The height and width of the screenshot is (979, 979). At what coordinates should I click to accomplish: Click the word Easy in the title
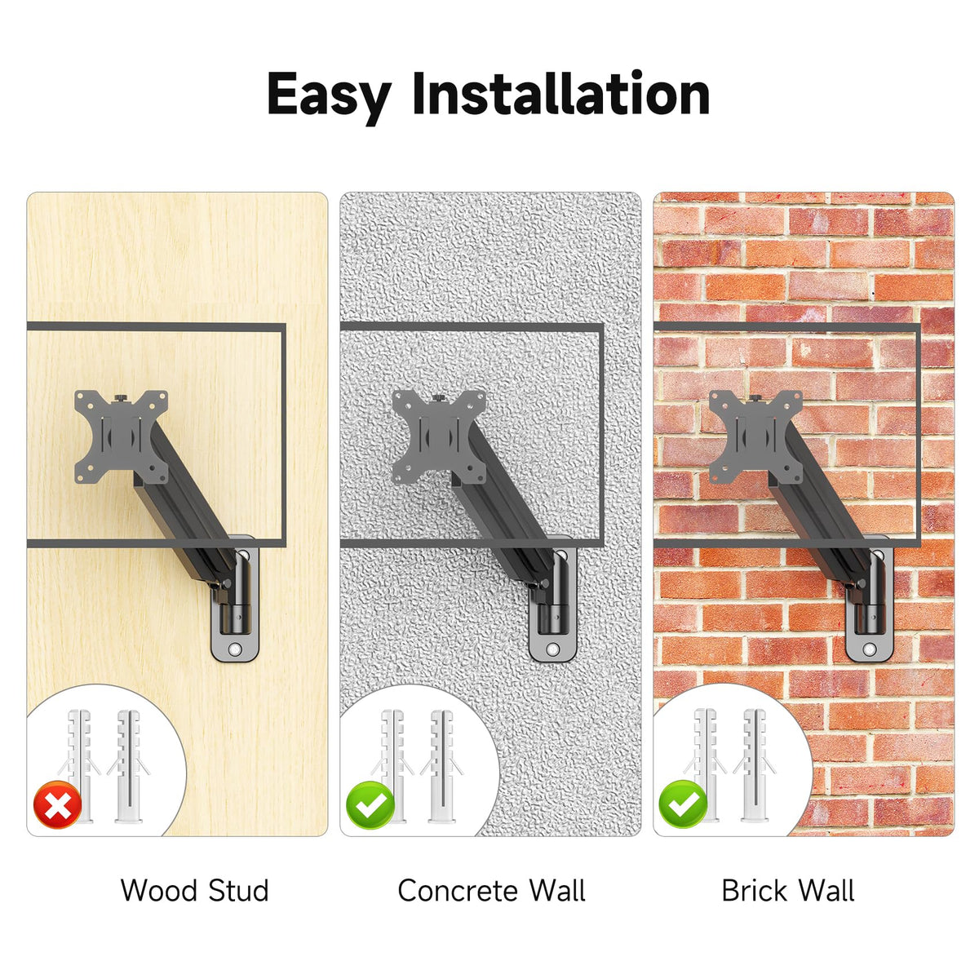tap(329, 96)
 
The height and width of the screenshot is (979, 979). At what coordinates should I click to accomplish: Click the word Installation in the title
tap(560, 94)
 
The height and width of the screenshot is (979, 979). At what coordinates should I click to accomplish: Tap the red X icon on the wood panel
tap(57, 804)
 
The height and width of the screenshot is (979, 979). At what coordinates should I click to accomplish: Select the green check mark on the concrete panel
tap(370, 804)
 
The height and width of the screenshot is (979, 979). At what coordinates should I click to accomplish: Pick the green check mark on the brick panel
tap(683, 804)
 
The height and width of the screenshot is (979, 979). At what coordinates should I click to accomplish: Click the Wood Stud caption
tap(195, 891)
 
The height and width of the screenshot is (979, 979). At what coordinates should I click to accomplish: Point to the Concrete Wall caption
tap(491, 891)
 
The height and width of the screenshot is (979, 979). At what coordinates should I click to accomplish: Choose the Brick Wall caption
tap(788, 891)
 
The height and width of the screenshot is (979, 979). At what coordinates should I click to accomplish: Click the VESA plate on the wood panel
tap(121, 436)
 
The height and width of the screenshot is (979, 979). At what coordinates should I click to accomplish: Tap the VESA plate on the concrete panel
tap(439, 436)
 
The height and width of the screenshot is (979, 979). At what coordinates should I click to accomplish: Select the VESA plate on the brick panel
tap(755, 436)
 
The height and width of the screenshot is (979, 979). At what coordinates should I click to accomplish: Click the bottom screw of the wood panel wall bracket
tap(235, 649)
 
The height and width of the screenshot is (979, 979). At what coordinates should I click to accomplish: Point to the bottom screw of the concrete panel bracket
tap(553, 649)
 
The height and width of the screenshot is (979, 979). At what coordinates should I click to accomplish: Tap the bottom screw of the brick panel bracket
tap(870, 649)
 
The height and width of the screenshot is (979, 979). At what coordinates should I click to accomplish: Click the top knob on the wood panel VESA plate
tap(121, 397)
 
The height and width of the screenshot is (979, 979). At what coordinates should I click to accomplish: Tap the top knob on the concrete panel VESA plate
tap(439, 397)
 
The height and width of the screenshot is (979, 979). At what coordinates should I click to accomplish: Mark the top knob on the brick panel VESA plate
tap(755, 397)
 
